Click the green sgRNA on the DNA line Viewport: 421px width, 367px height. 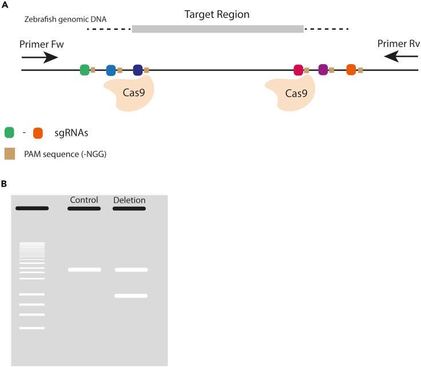(85, 70)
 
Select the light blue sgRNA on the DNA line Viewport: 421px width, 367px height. (111, 70)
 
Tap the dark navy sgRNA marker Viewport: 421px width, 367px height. (138, 70)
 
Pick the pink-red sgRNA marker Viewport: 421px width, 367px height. (298, 70)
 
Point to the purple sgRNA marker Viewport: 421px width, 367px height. (323, 70)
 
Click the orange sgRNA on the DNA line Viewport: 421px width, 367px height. (351, 70)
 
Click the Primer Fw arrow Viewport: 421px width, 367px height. (39, 57)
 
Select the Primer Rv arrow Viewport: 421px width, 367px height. (401, 57)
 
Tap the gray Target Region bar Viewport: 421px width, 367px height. (218, 29)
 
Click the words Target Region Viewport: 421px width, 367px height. (217, 14)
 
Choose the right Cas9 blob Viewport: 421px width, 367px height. (291, 92)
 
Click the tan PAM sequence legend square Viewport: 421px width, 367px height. (10, 154)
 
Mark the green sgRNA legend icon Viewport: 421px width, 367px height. (9, 133)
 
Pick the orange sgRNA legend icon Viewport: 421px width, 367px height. (38, 133)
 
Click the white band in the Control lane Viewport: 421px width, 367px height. (84, 270)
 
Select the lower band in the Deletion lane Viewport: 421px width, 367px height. (131, 296)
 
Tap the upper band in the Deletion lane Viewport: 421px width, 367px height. (132, 270)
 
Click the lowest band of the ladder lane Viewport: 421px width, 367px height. (32, 328)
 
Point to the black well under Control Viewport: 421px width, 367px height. (84, 208)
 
